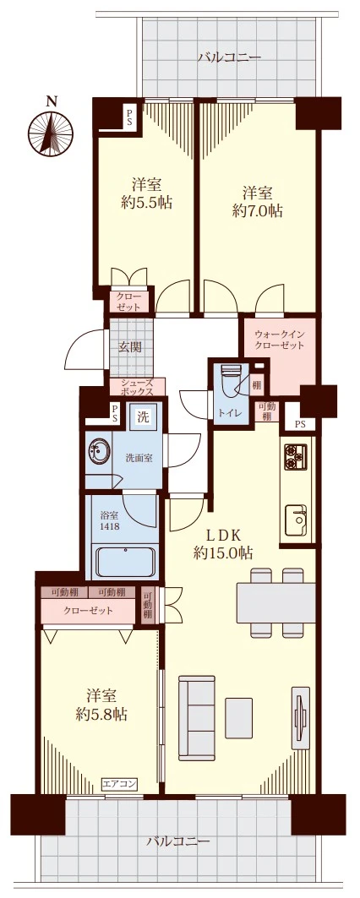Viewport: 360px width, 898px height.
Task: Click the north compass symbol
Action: (51, 131)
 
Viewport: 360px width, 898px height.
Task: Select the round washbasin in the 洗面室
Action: (98, 451)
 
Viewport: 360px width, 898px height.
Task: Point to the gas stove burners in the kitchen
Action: (296, 456)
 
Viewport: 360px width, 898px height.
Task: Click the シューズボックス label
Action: (136, 388)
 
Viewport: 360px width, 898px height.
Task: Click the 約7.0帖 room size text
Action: (257, 211)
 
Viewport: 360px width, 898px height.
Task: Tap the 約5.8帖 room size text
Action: (101, 714)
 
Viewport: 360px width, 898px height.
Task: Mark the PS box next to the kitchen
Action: (299, 425)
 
